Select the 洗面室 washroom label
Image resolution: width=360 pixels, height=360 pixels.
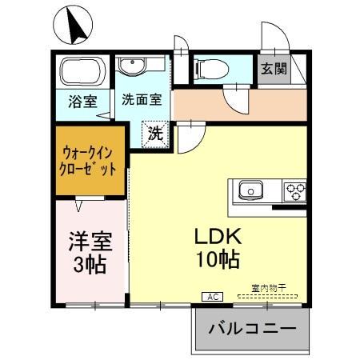[x=142, y=100]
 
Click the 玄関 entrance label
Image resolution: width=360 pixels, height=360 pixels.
[x=270, y=70]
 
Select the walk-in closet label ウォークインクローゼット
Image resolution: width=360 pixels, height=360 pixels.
[x=90, y=159]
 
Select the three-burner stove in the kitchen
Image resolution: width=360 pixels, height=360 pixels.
[x=294, y=192]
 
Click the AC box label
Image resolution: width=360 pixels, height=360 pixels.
[x=214, y=296]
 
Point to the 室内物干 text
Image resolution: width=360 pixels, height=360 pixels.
[x=268, y=287]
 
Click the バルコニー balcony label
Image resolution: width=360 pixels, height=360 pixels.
[x=251, y=329]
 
